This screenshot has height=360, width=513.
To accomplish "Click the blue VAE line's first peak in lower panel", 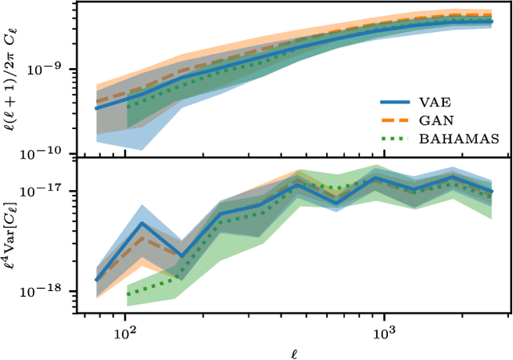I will [142, 223].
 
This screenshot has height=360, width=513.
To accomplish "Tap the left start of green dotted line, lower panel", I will [127, 294].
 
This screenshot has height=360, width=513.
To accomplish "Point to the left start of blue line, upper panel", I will [95, 108].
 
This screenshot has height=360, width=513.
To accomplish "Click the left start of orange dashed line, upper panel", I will [95, 102].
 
